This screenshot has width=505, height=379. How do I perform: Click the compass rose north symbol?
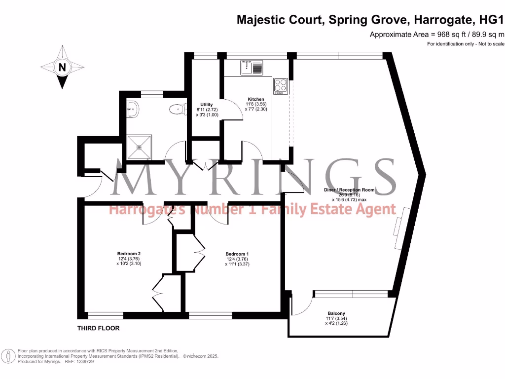pos(62,68)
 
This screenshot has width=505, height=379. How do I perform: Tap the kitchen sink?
pos(252,67)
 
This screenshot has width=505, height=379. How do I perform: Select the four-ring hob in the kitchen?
pos(281,86)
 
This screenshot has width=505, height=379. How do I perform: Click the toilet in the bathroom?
pos(176,109)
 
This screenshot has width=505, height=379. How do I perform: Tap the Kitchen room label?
pos(256,99)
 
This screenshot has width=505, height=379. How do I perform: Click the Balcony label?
pos(336,313)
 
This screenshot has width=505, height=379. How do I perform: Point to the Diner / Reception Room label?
pos(349,189)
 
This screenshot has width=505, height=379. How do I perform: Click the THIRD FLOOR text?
pos(98,328)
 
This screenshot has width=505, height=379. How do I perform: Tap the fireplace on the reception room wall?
pos(398,223)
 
